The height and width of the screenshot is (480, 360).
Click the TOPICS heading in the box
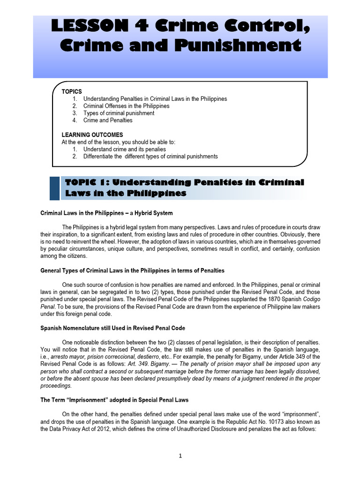click(x=72, y=91)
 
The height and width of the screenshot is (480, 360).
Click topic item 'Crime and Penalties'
click(x=108, y=120)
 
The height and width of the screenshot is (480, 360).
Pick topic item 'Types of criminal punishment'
click(x=119, y=113)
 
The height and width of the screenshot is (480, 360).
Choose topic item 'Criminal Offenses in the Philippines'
click(x=127, y=106)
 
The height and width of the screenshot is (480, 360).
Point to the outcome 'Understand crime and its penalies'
click(x=125, y=149)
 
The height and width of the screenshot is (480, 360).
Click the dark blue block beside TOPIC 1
click(x=54, y=188)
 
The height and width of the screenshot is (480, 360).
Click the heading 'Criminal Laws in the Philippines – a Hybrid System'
click(x=107, y=213)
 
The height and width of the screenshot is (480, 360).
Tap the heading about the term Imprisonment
click(x=115, y=400)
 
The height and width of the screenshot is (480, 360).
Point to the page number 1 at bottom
click(x=180, y=457)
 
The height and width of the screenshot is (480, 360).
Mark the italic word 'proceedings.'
click(x=56, y=386)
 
